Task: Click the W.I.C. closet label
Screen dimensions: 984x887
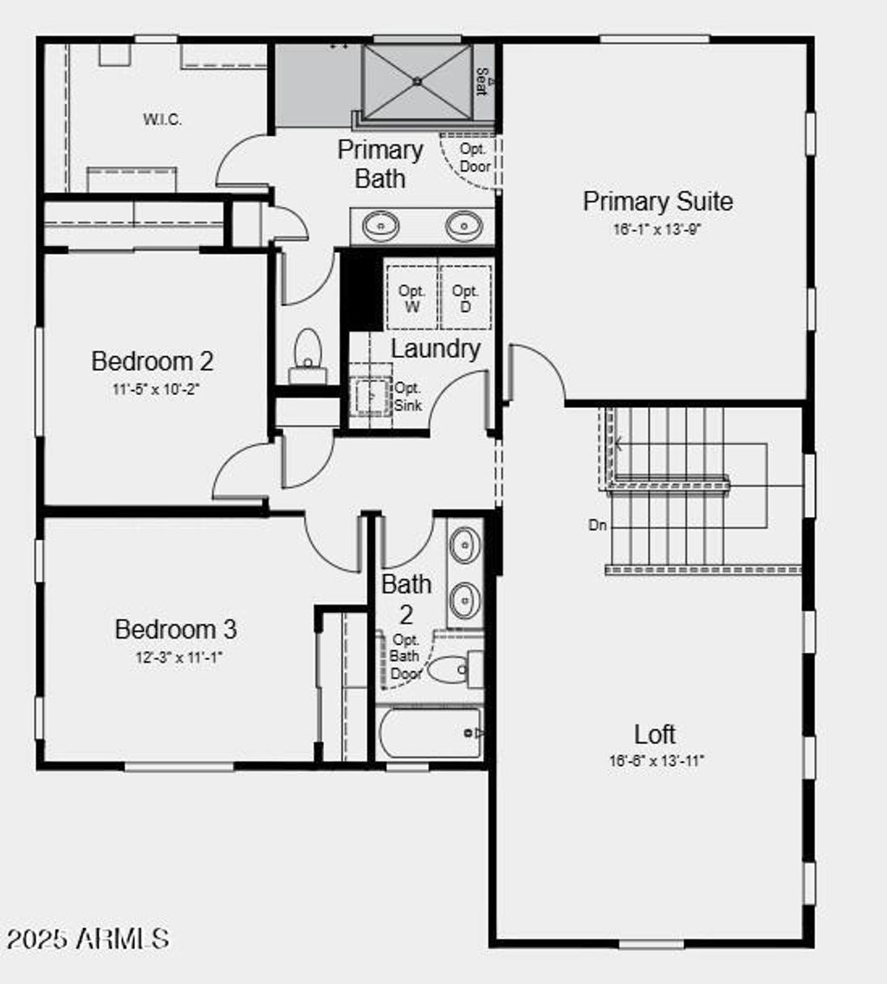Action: click(162, 120)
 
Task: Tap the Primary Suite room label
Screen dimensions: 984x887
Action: click(657, 202)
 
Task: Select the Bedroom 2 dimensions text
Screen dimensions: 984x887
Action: click(156, 390)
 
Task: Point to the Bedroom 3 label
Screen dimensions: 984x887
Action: click(176, 629)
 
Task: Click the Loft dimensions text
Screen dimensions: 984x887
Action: click(656, 761)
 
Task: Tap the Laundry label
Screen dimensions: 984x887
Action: click(436, 349)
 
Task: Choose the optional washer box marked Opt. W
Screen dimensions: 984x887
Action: click(411, 298)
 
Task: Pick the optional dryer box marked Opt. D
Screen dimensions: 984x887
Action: click(466, 298)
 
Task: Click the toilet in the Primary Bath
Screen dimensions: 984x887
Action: click(308, 353)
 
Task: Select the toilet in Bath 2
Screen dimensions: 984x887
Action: click(449, 670)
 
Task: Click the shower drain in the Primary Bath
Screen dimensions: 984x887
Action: click(417, 81)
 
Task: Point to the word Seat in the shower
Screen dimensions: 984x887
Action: click(482, 82)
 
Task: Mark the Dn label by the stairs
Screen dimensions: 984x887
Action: click(598, 525)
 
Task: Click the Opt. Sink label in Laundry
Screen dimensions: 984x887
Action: click(408, 397)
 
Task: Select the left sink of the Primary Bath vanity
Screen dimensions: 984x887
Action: click(380, 226)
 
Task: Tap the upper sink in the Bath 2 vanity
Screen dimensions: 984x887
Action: click(465, 546)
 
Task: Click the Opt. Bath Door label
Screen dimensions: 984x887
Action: click(405, 657)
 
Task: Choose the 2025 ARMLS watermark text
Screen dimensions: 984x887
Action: click(87, 938)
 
